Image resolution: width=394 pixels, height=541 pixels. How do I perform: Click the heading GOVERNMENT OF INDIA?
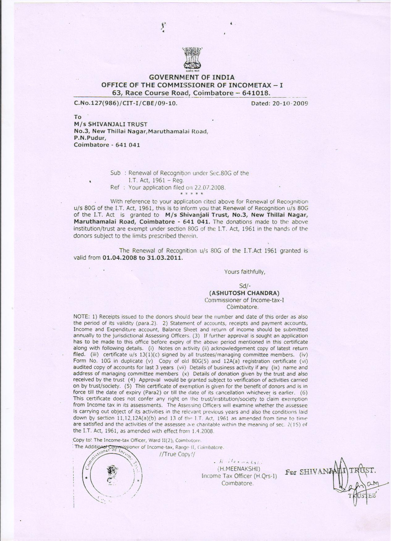193,77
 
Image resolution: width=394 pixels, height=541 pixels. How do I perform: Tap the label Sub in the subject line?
115,173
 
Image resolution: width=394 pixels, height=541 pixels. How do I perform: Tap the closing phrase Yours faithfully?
245,272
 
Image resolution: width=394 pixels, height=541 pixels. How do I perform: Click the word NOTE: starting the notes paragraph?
81,317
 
